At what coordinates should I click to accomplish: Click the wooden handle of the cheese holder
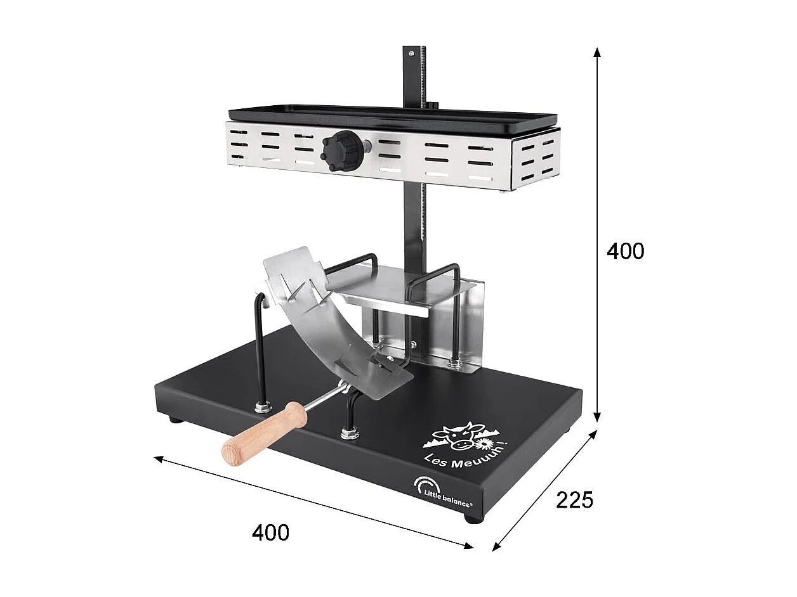(x=264, y=432)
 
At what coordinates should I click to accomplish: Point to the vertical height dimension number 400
(x=625, y=252)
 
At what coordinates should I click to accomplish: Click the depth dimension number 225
(x=574, y=500)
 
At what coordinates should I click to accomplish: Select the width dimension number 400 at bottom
(x=270, y=532)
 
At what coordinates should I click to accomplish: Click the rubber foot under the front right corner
(x=473, y=518)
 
